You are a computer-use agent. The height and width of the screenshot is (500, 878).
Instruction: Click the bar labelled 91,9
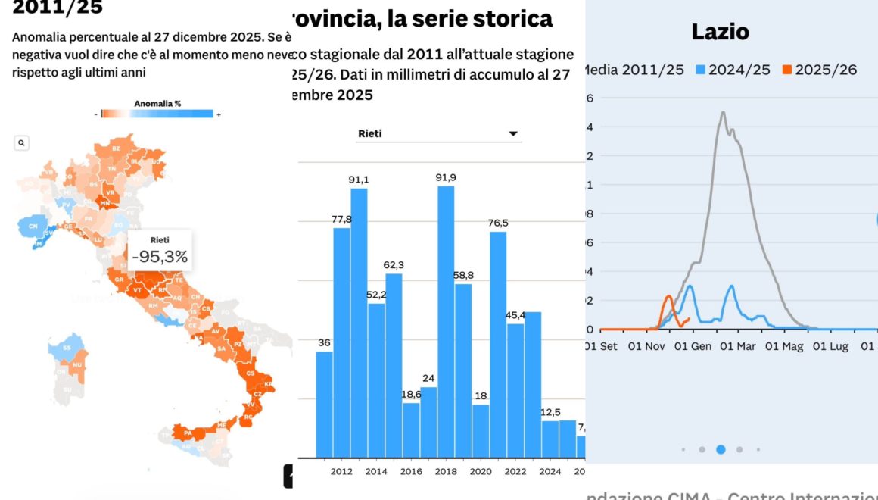[x=446, y=318]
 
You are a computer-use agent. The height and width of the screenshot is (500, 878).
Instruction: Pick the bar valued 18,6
[x=411, y=430]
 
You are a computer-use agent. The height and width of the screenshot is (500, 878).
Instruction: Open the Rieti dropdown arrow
[x=513, y=134]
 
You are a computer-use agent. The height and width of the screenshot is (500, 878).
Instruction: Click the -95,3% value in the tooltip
[x=160, y=257]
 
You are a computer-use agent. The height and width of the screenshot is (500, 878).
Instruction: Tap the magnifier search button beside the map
[x=22, y=142]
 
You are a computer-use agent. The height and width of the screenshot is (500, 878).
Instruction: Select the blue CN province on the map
[x=33, y=227]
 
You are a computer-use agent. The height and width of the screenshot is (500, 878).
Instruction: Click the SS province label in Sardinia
[x=67, y=348]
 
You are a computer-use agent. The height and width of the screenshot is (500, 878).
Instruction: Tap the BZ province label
[x=116, y=148]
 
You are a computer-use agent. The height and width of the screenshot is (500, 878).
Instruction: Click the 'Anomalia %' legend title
[x=157, y=103]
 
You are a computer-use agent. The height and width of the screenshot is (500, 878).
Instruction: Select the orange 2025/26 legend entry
[x=821, y=70]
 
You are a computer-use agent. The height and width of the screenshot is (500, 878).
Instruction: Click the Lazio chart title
[x=720, y=32]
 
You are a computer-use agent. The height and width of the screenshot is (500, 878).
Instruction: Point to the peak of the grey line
[x=723, y=113]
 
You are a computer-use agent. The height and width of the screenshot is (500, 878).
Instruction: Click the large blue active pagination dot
[x=721, y=449]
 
